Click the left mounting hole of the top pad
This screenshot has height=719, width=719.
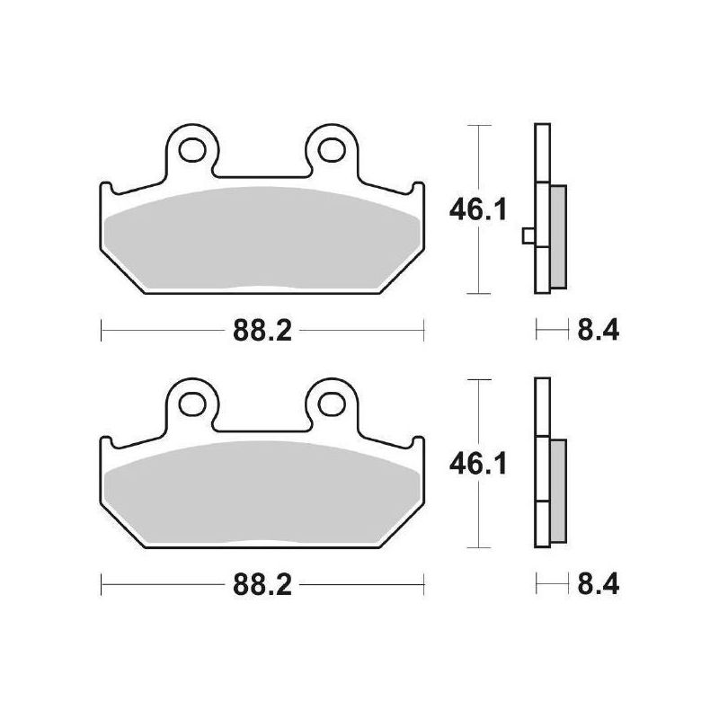[191, 149]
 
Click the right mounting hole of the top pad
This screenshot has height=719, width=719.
[332, 149]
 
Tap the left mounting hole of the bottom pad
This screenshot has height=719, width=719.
[191, 404]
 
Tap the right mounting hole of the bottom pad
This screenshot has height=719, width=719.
[332, 404]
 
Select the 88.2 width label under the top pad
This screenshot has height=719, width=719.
[262, 330]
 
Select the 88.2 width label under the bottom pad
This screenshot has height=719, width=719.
[262, 585]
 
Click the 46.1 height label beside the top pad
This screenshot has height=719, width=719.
[478, 210]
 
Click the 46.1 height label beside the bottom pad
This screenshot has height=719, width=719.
[478, 464]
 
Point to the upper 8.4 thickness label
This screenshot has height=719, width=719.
[598, 330]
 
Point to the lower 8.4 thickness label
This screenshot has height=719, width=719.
[598, 585]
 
